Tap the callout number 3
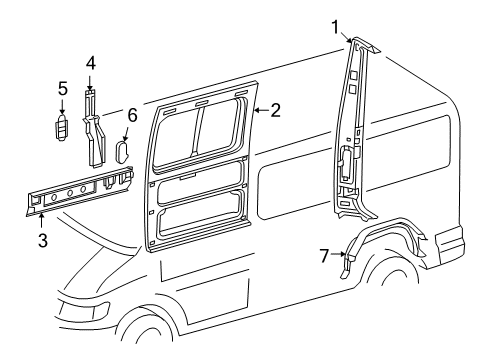[40, 239]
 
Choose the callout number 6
[130, 116]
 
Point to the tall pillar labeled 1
[352, 130]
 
